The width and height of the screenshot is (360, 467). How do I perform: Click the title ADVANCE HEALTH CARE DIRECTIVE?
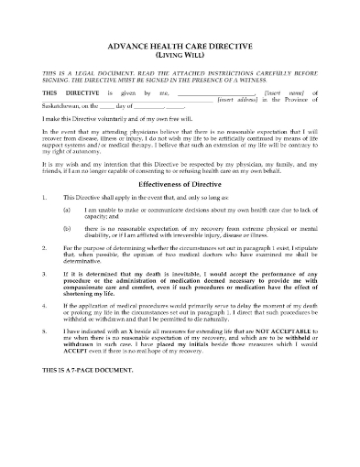coord(180,46)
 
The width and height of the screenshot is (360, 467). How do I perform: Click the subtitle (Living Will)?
coord(180,55)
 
